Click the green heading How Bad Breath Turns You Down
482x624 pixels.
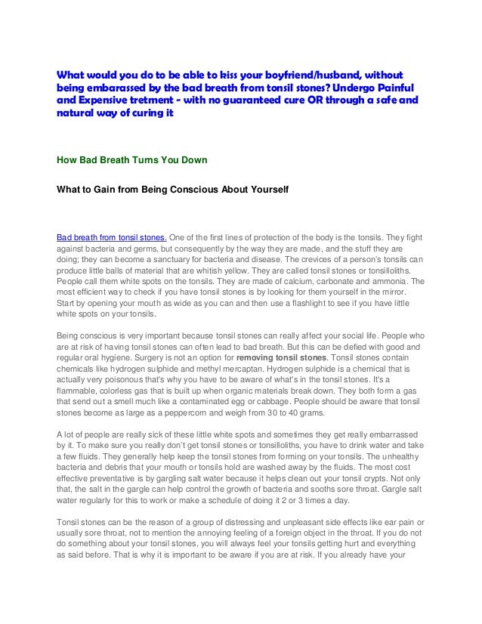point(133,159)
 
